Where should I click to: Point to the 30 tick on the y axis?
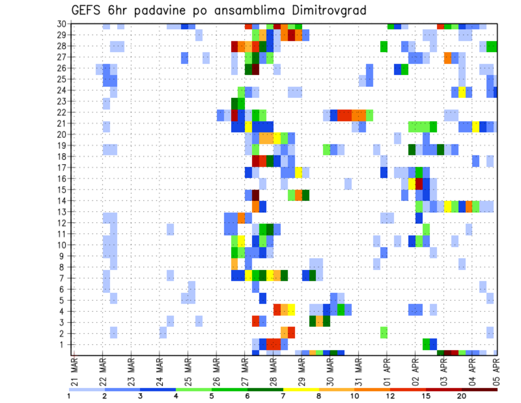tap(62, 24)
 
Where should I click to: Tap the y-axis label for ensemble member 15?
tap(62, 190)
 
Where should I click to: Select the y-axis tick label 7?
tap(65, 278)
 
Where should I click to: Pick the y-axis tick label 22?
tap(62, 112)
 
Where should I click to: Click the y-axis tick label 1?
tap(65, 344)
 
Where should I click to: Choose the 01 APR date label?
tap(386, 368)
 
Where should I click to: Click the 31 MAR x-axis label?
tap(358, 368)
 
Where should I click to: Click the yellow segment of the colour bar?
tap(301, 389)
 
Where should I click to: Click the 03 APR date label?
tap(443, 368)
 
